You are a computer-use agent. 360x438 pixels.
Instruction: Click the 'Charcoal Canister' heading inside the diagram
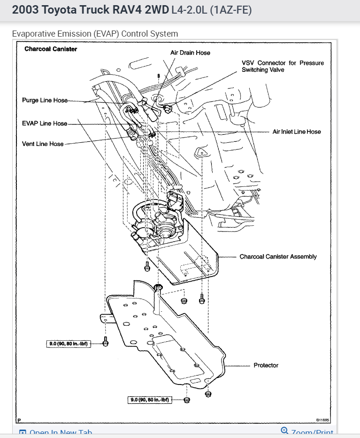click(x=51, y=49)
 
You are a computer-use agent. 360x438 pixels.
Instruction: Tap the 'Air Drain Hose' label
click(x=190, y=53)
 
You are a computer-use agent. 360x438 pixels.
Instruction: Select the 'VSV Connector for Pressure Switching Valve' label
click(x=283, y=66)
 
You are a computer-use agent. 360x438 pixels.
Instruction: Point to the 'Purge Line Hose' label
click(x=45, y=100)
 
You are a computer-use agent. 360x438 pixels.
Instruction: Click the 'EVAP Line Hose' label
click(x=45, y=123)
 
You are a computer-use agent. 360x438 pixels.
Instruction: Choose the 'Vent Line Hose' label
click(x=43, y=144)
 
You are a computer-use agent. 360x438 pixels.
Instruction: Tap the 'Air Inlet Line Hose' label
click(x=297, y=132)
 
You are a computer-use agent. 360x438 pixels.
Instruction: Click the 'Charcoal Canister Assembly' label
click(x=278, y=257)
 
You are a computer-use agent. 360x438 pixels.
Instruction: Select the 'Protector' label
click(x=266, y=365)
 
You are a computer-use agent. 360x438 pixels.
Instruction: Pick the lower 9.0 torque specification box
click(x=149, y=400)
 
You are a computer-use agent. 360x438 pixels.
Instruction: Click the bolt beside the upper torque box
click(x=106, y=343)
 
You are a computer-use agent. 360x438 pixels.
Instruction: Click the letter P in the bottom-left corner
click(x=19, y=420)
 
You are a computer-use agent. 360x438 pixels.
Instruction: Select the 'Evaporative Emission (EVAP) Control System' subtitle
click(x=95, y=34)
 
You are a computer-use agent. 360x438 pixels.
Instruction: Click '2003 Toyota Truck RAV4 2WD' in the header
click(x=90, y=10)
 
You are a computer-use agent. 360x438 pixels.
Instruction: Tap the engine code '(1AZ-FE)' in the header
click(x=231, y=10)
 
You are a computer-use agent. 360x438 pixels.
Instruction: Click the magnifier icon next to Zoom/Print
click(x=284, y=431)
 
